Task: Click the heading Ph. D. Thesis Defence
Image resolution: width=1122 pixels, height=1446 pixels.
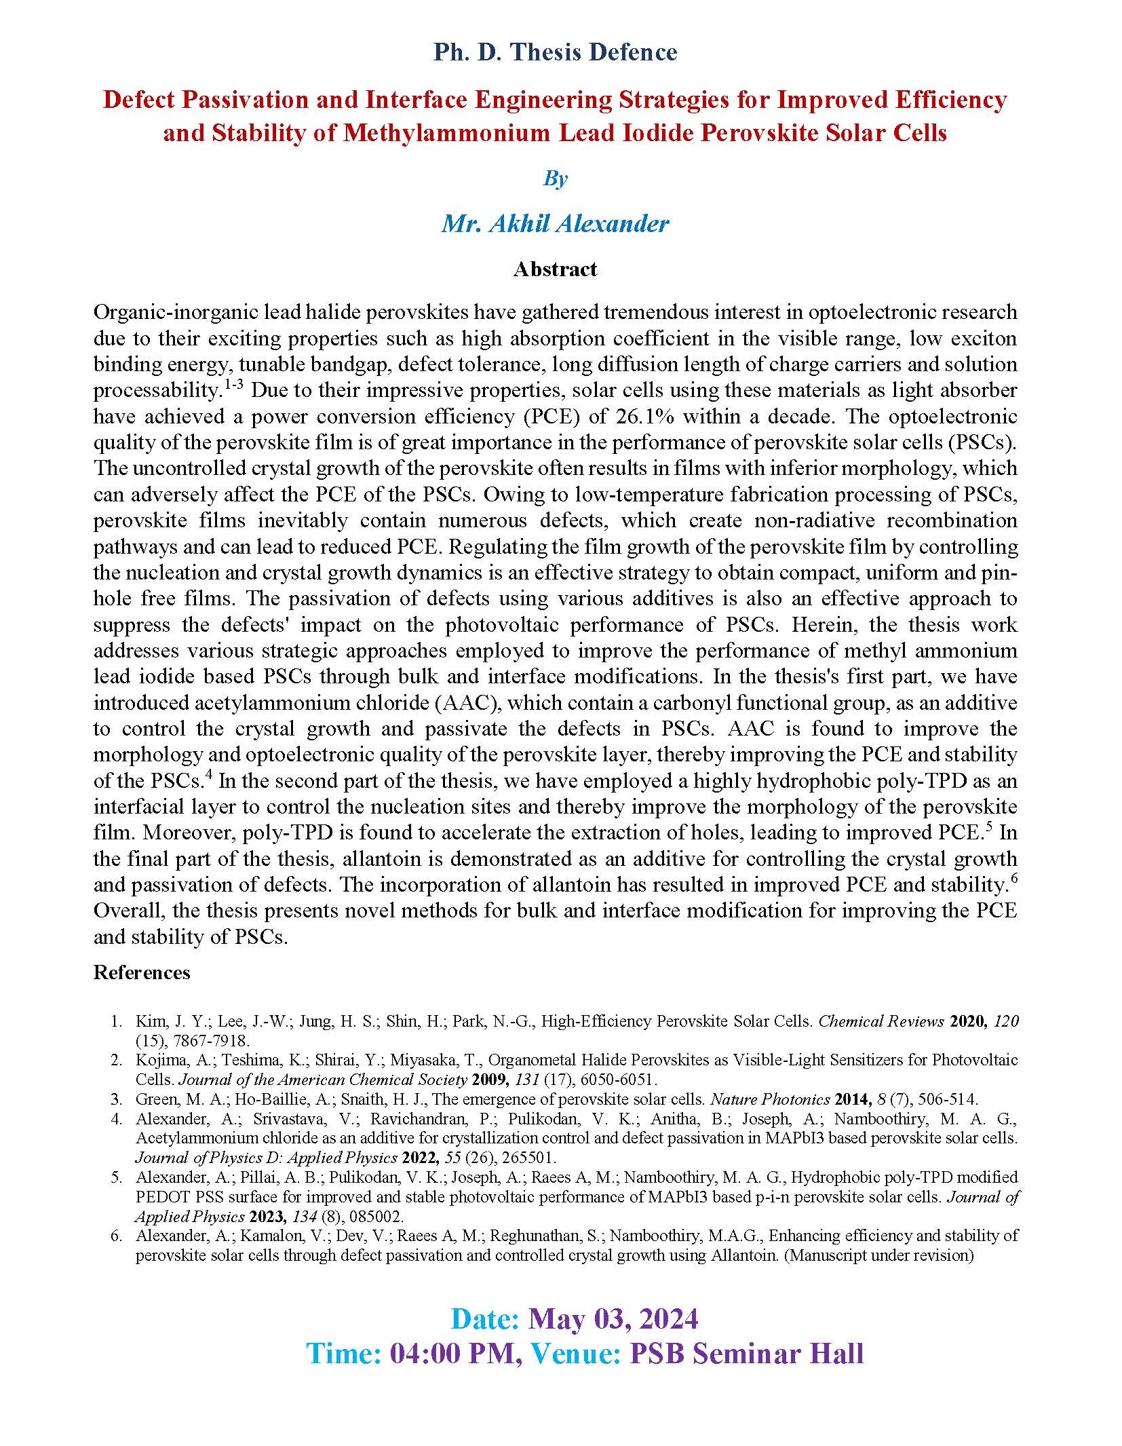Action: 555,52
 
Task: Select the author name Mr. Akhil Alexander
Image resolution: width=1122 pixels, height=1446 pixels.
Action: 555,223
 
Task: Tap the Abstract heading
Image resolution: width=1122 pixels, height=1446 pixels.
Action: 555,269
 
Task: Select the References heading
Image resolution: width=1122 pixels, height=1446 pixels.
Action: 141,972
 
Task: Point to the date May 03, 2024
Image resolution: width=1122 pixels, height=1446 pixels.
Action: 613,1319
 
